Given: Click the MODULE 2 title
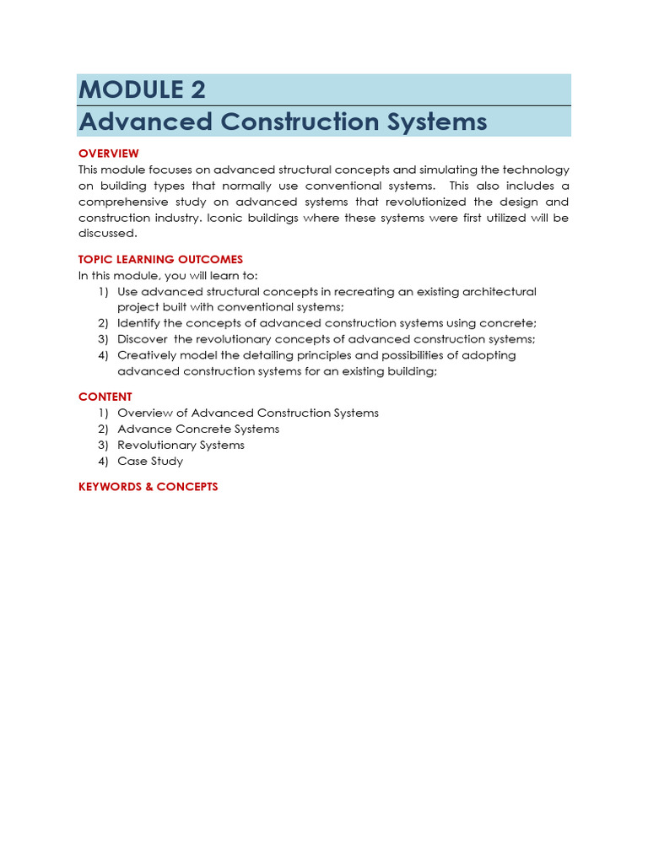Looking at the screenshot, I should click(x=142, y=89).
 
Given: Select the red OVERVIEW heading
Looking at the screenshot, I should click(x=109, y=154).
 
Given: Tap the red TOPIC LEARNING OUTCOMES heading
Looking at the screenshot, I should click(x=160, y=259).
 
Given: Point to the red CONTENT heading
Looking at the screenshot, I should click(x=105, y=397).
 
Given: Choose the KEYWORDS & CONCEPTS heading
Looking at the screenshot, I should click(x=148, y=487).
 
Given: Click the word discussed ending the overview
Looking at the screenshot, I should click(x=106, y=234).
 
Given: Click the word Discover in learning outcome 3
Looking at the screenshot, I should click(x=143, y=339).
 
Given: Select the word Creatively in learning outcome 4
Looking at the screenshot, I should click(x=145, y=355).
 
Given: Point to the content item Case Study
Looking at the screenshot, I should click(x=150, y=461).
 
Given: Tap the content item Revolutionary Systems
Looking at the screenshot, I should click(x=181, y=445).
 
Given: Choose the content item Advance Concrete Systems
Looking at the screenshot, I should click(x=198, y=429).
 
